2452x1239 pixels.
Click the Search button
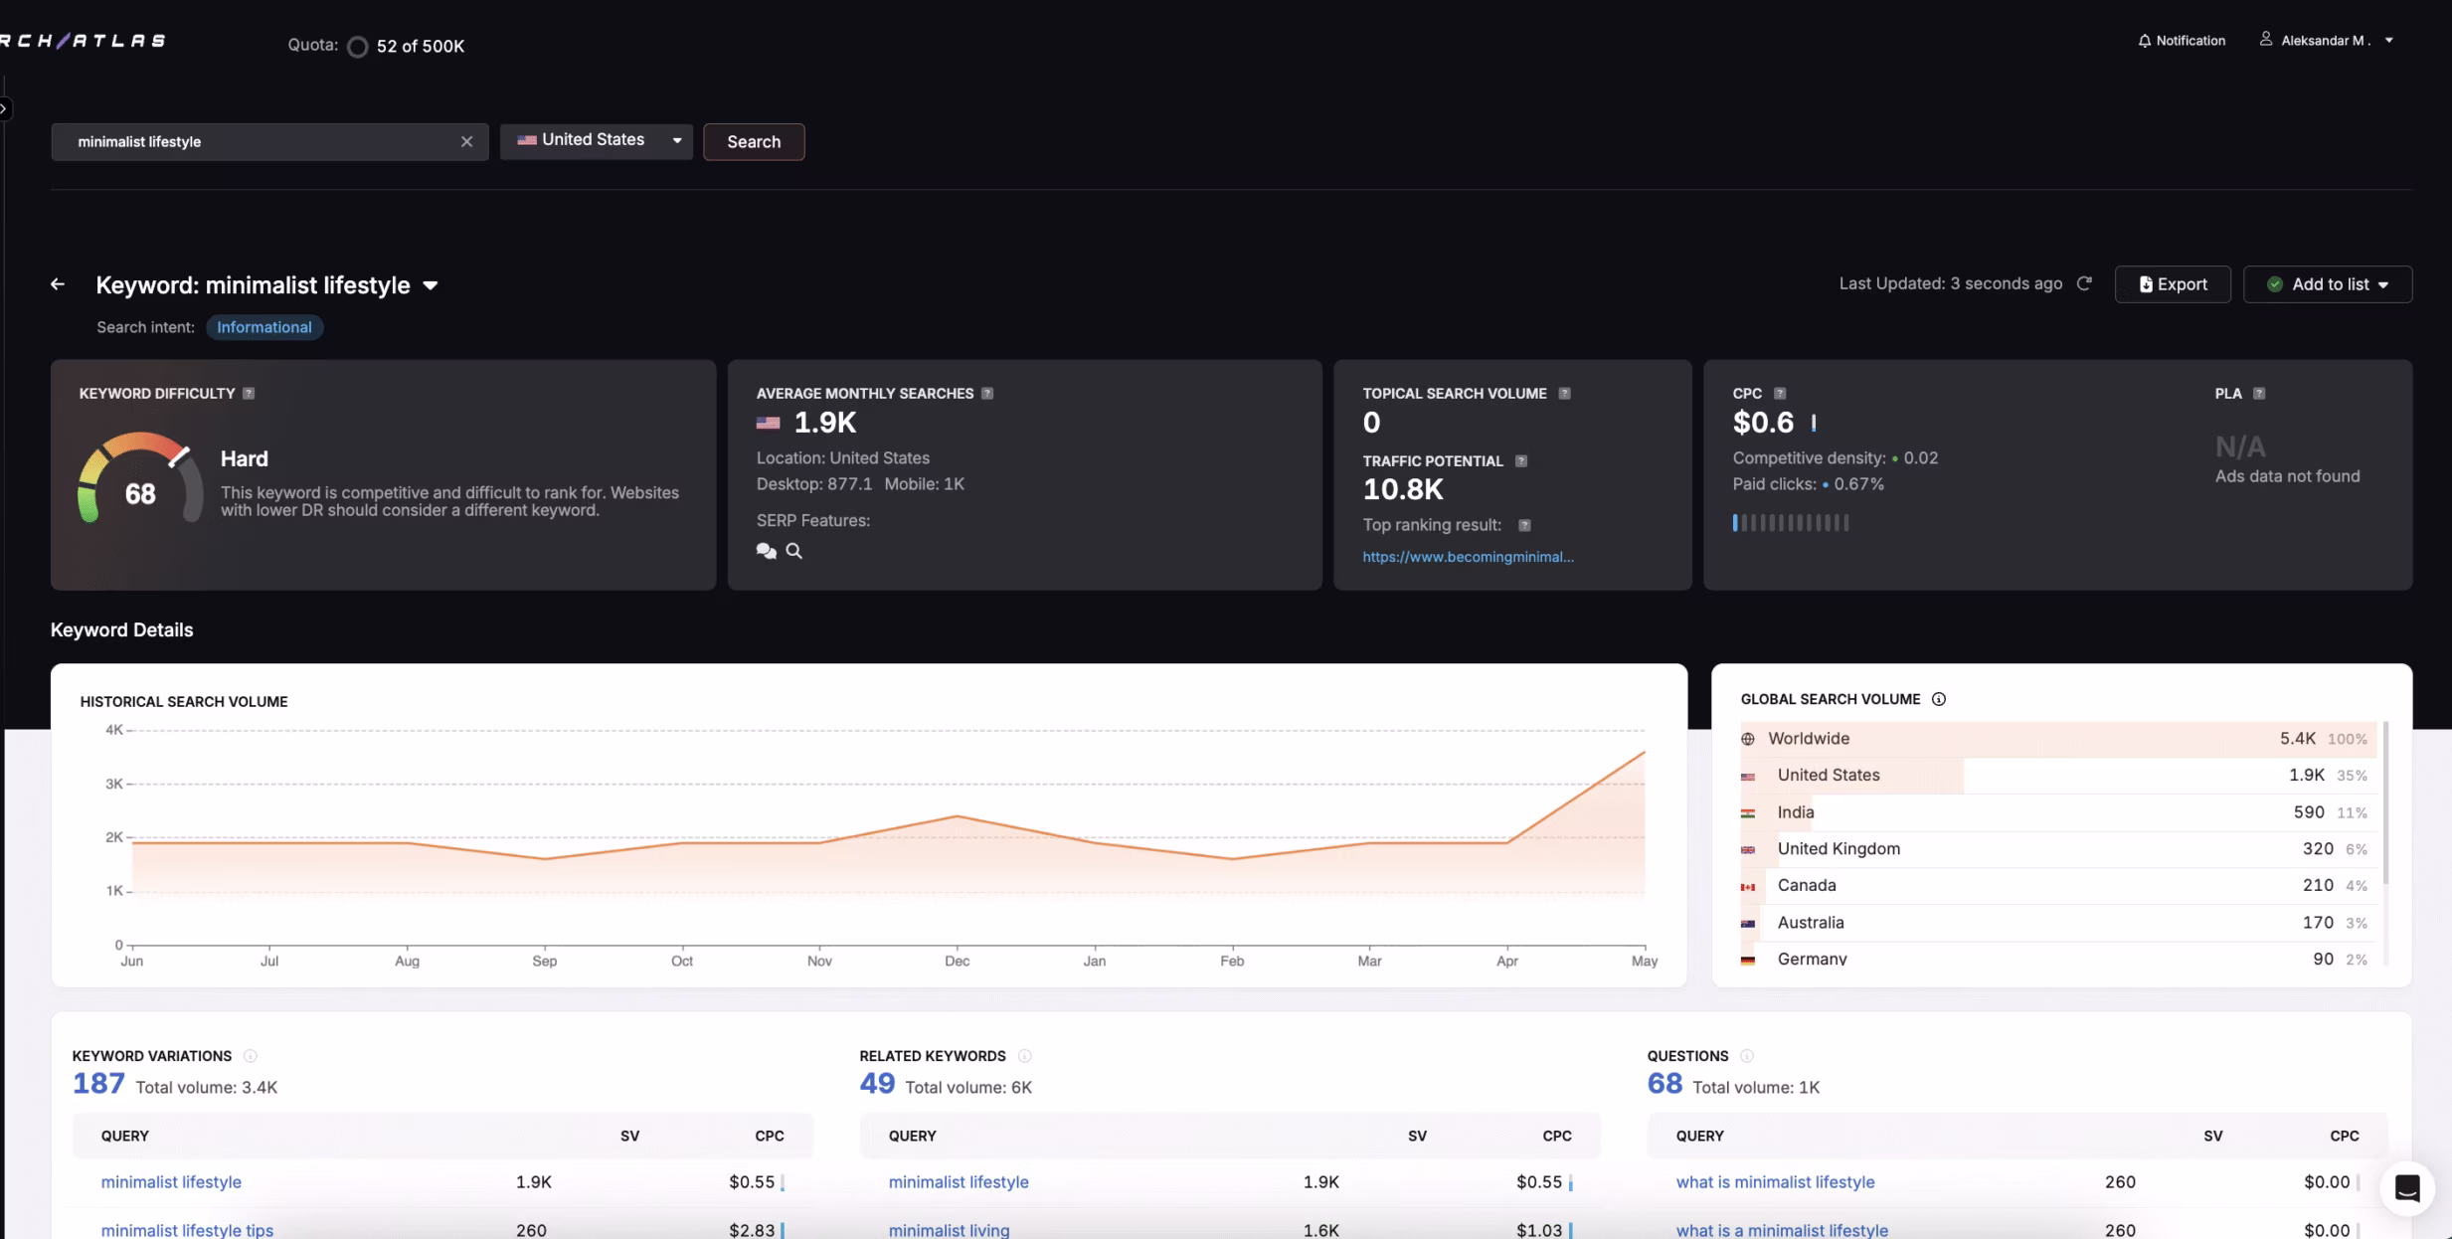coord(753,141)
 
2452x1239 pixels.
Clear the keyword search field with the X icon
coord(466,141)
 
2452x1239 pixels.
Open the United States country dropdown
coord(596,140)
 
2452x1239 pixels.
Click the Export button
coord(2173,284)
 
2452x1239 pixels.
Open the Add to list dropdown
coord(2327,284)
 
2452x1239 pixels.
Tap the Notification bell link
coord(2182,41)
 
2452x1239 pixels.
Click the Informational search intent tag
coord(263,327)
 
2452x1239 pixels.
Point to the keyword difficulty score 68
coord(140,494)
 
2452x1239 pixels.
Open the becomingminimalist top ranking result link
coord(1468,557)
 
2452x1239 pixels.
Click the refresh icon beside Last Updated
coord(2084,283)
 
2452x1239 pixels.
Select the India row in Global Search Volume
coord(1796,812)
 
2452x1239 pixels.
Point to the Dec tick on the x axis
coord(957,961)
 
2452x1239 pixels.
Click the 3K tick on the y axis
coord(113,784)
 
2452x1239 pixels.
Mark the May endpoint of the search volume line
coord(1645,752)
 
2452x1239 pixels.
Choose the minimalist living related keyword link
coord(949,1230)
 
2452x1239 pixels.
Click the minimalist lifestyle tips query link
coord(187,1230)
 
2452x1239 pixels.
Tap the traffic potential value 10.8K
coord(1402,489)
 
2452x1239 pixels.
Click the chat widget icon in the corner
coord(2406,1188)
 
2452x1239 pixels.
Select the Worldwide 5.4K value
coord(2297,739)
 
